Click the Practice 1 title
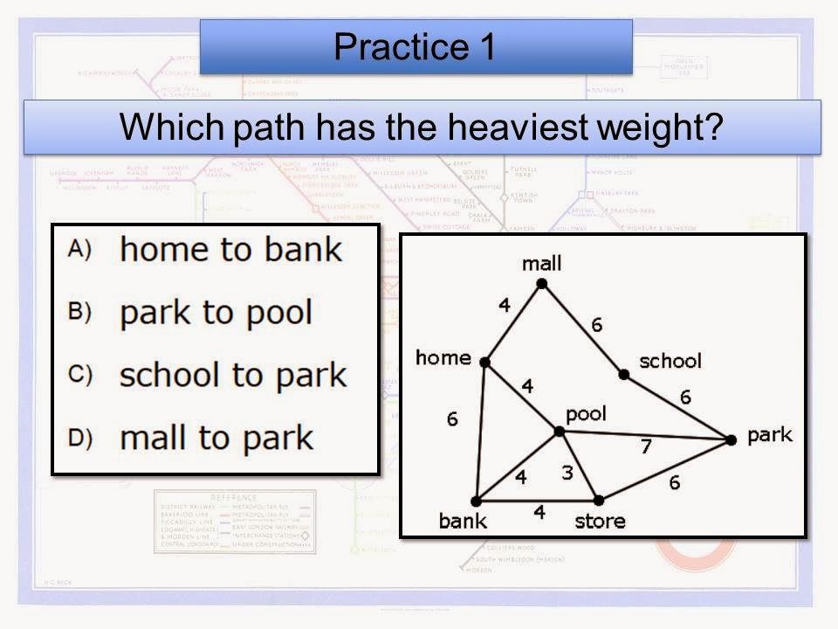[416, 46]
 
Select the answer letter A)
[79, 249]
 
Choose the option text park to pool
[216, 312]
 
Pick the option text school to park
[232, 375]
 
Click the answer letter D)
[79, 437]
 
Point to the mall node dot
[541, 283]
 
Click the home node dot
[484, 362]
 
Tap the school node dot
[623, 375]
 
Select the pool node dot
[559, 431]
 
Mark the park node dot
[731, 439]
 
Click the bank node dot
[476, 501]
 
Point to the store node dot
[599, 501]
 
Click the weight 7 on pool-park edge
[645, 446]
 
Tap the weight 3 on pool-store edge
[567, 473]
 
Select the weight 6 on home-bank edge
[451, 419]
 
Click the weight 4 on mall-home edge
[504, 306]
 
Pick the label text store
[600, 522]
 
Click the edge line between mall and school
[582, 329]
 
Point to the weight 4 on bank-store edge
[539, 513]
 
